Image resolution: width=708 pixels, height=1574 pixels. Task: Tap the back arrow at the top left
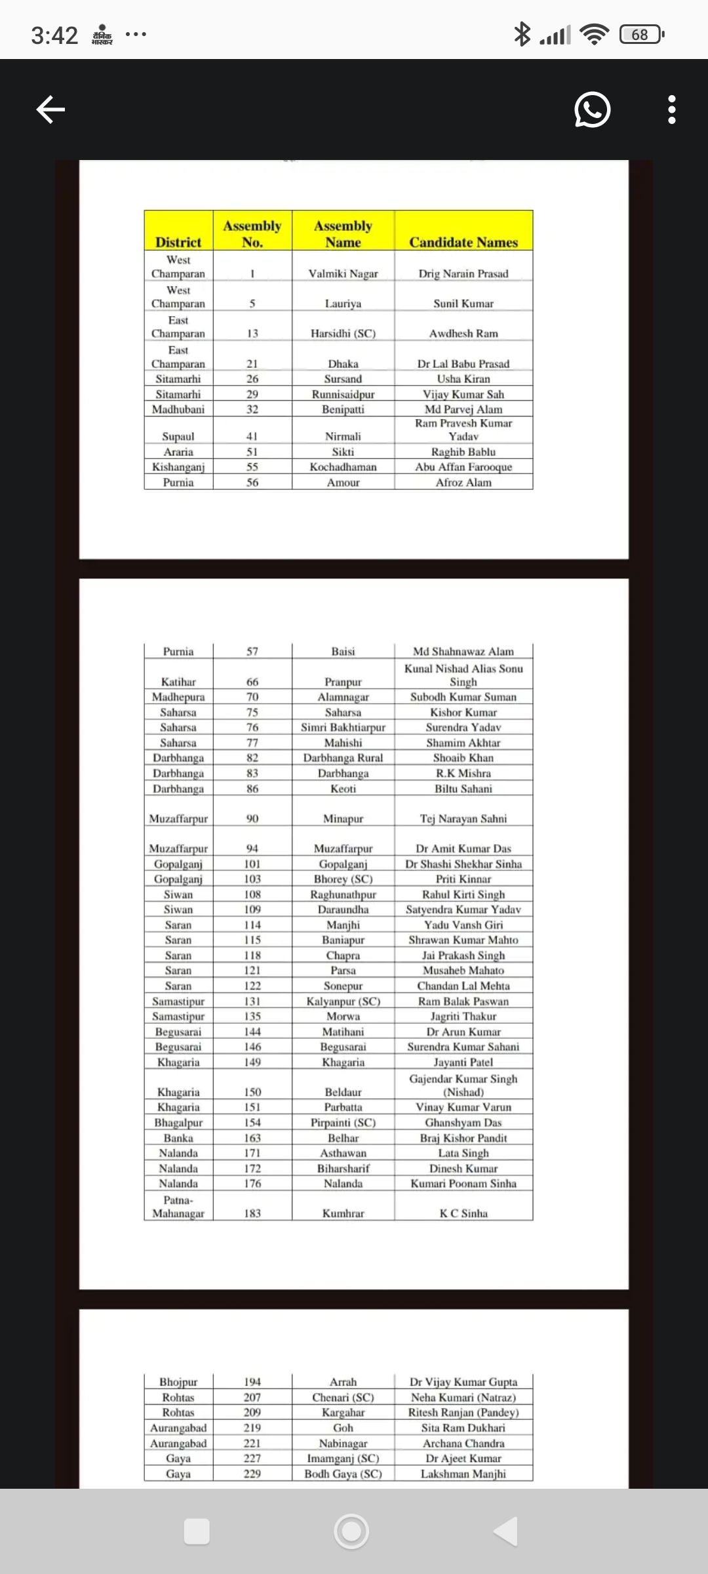[x=50, y=110]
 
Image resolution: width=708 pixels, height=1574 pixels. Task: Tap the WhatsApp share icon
[x=592, y=110]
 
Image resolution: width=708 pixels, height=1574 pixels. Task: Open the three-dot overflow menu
[x=671, y=110]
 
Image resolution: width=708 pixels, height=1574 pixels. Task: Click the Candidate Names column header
[x=463, y=242]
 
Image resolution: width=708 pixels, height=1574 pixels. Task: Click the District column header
[x=178, y=242]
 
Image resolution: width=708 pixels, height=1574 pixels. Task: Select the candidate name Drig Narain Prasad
[x=463, y=273]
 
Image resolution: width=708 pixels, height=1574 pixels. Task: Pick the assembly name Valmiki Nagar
[x=343, y=273]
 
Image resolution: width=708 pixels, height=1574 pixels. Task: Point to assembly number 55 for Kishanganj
[x=252, y=467]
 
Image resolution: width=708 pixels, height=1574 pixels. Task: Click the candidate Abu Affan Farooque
[x=463, y=467]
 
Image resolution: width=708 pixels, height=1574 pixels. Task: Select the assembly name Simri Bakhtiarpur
[x=343, y=727]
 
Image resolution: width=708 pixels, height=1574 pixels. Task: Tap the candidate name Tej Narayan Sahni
[x=463, y=818]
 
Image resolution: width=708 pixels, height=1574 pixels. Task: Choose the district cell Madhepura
[x=178, y=697]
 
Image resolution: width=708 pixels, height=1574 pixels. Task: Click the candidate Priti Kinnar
[x=463, y=879]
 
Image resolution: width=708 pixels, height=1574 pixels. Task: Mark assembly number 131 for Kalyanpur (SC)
[x=252, y=1001]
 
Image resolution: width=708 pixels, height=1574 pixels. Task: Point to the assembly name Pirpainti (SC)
[x=343, y=1123]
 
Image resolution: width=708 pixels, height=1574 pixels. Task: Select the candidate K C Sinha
[x=463, y=1213]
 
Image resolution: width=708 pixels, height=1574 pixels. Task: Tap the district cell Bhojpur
[x=178, y=1382]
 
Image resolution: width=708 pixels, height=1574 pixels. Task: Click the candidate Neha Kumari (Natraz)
[x=463, y=1398]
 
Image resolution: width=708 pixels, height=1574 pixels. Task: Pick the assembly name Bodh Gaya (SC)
[x=343, y=1474]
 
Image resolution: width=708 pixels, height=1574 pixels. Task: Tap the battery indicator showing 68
[x=641, y=34]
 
